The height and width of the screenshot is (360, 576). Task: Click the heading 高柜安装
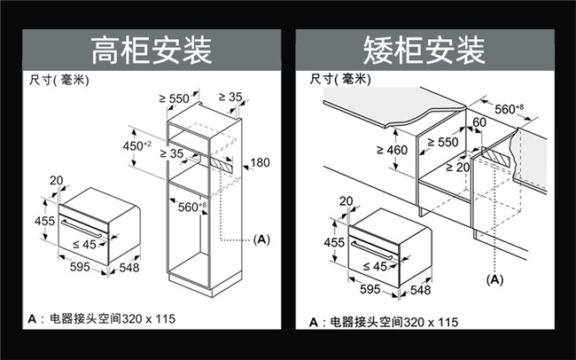tap(152, 51)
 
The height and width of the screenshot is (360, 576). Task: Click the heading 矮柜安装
tap(424, 51)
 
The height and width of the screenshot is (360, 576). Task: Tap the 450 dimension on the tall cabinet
tap(136, 146)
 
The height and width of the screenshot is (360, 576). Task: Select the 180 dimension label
tap(260, 162)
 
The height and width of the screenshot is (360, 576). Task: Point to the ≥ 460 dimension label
tap(392, 150)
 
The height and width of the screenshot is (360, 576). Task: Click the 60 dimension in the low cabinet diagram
tap(479, 122)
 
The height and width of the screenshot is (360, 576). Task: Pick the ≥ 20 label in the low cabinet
tap(458, 168)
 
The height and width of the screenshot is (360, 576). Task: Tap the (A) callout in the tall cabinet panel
tap(261, 239)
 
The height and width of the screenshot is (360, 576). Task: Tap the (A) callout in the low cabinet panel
tap(494, 280)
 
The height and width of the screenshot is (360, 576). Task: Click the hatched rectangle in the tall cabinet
tap(222, 164)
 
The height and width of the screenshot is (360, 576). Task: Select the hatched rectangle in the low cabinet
tap(495, 156)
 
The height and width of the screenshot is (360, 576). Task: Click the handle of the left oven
tap(82, 229)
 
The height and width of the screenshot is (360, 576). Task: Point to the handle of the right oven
tap(372, 250)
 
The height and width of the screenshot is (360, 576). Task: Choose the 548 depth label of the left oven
tap(129, 267)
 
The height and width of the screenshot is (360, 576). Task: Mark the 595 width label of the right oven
tap(370, 289)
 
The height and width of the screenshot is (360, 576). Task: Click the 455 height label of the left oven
tap(44, 221)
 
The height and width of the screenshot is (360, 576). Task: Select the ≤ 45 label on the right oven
tap(375, 266)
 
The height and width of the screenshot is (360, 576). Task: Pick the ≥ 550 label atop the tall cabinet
tap(174, 98)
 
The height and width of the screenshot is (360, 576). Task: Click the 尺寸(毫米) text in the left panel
tap(58, 80)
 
